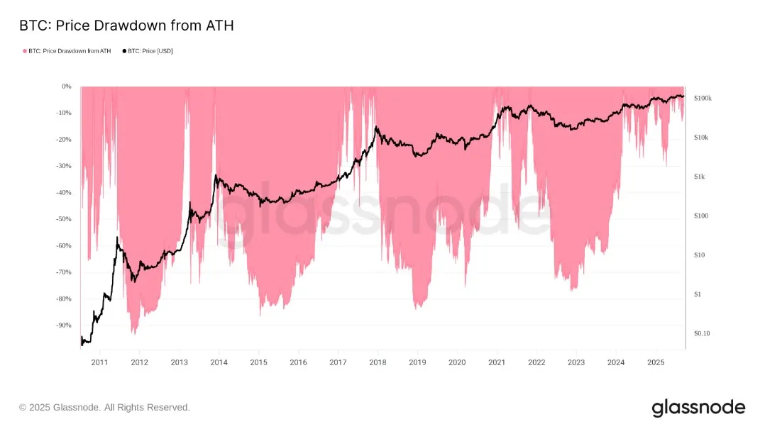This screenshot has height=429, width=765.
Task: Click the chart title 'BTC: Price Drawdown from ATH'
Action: (126, 26)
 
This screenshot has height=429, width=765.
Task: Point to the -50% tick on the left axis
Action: (64, 219)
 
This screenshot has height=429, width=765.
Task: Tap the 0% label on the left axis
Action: (67, 87)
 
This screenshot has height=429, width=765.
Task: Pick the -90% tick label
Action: (64, 325)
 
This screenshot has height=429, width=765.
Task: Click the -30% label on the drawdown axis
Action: (64, 166)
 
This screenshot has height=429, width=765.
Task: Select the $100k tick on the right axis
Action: (703, 98)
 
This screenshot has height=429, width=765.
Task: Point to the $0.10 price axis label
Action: (702, 333)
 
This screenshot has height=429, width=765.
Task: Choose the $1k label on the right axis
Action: (699, 177)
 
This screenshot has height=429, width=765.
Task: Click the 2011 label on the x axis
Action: (99, 362)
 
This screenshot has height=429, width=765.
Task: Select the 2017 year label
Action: (338, 362)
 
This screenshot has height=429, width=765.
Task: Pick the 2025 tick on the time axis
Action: (656, 362)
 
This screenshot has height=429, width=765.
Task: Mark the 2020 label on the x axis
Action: (457, 362)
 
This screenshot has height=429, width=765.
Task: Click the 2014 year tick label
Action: (219, 362)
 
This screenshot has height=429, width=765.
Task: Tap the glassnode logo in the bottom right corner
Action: (698, 408)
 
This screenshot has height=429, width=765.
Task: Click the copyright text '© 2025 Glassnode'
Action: (104, 408)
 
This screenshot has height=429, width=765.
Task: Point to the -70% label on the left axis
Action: (64, 272)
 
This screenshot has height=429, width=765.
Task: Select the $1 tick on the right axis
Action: (697, 294)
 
